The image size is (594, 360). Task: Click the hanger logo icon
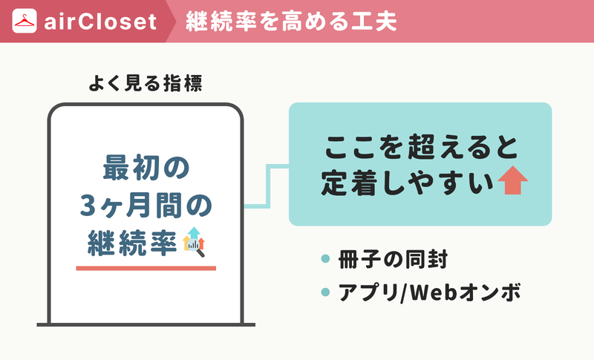[25, 21]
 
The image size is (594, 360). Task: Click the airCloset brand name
[100, 22]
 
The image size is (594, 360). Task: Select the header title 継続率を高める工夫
[291, 22]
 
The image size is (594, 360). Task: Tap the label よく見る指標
[146, 83]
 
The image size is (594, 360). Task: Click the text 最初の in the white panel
[146, 167]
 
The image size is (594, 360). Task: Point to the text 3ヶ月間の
[146, 206]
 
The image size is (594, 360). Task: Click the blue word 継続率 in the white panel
[132, 242]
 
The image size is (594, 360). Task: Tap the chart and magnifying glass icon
[194, 242]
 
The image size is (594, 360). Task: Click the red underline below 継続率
[146, 269]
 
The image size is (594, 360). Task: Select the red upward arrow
[512, 180]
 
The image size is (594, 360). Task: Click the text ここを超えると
[420, 147]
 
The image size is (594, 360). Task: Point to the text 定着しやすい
[408, 183]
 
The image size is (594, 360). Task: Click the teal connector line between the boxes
[269, 186]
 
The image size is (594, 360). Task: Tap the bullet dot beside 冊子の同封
[325, 258]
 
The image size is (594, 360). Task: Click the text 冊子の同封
[393, 260]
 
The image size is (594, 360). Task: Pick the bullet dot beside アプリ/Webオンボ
[325, 292]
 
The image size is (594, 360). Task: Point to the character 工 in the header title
[362, 22]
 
